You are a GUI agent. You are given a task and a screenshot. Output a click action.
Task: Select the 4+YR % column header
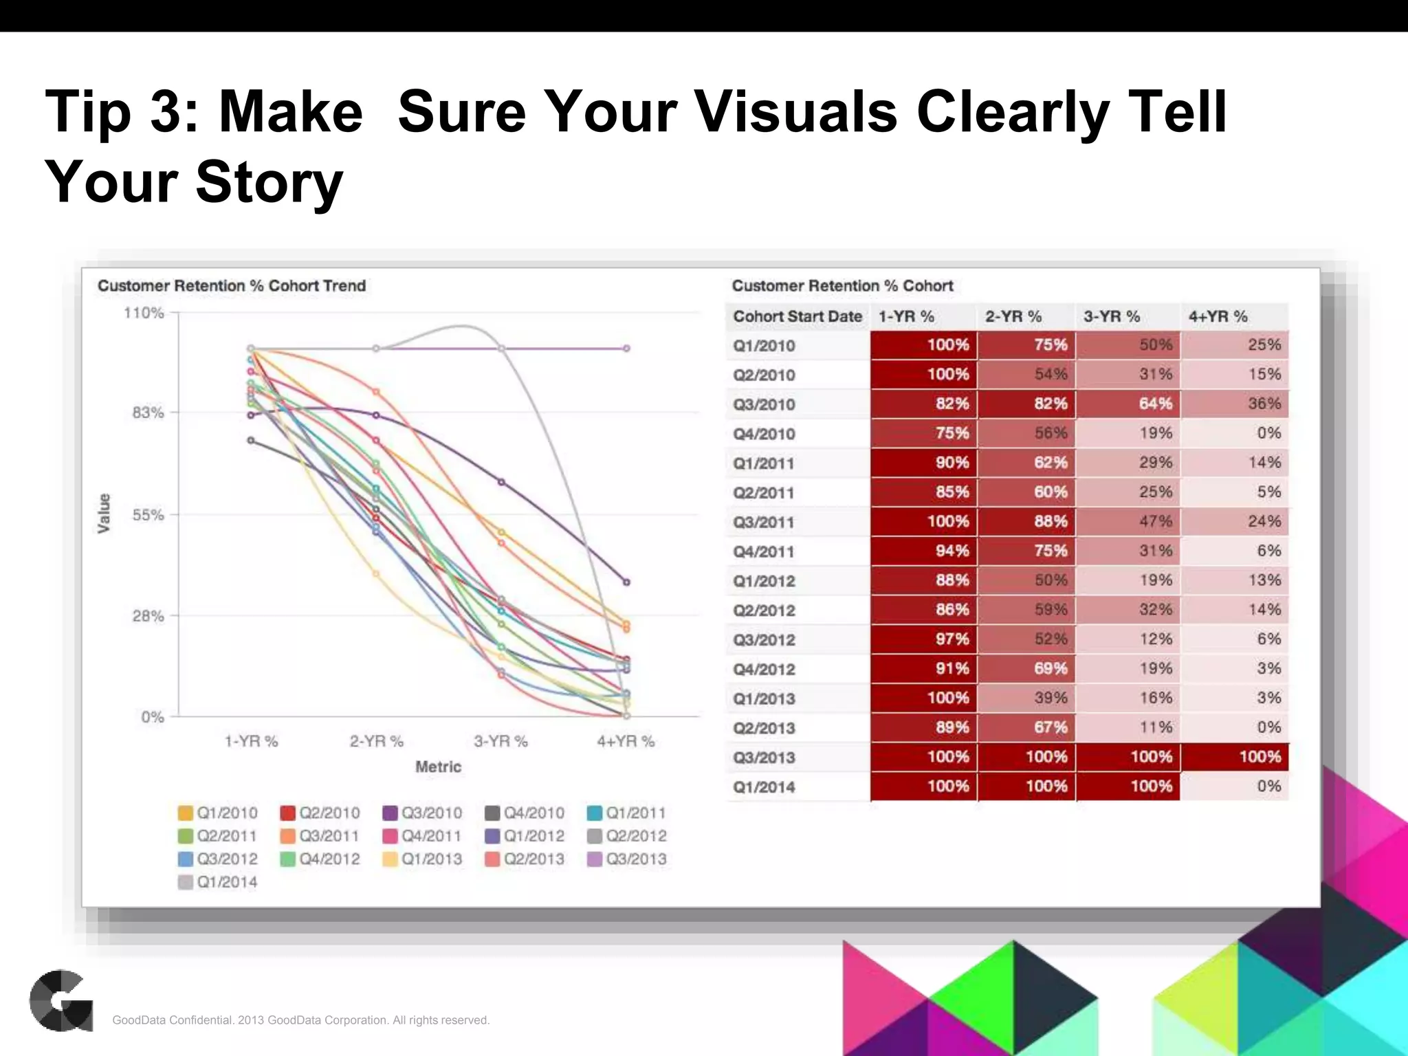pos(1218,316)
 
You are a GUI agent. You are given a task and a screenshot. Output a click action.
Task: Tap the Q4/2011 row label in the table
pos(764,551)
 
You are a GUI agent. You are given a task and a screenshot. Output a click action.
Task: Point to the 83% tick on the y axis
pos(148,412)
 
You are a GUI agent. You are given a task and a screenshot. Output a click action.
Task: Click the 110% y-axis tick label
pos(144,313)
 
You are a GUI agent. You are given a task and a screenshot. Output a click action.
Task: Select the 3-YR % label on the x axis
pos(500,741)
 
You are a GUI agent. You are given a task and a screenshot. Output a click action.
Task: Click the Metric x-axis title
pos(438,767)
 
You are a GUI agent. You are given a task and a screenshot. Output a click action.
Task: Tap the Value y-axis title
pos(104,513)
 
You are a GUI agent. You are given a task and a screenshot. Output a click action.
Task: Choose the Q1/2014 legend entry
pos(217,882)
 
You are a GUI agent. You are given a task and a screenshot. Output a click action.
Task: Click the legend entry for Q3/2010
pos(422,813)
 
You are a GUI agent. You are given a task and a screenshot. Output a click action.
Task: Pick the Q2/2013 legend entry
pos(525,859)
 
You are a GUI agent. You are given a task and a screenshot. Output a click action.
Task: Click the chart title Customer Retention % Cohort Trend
pos(231,286)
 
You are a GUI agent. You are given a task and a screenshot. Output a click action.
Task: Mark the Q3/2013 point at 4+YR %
pos(626,349)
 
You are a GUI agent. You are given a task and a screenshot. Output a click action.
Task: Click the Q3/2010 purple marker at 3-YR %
pos(501,482)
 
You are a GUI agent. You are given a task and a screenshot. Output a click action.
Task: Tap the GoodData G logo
pos(61,1000)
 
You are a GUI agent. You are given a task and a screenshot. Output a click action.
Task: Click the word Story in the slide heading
pos(269,182)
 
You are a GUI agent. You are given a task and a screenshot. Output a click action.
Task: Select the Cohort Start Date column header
pos(797,316)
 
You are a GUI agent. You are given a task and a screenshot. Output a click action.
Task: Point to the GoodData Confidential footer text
pos(300,1020)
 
